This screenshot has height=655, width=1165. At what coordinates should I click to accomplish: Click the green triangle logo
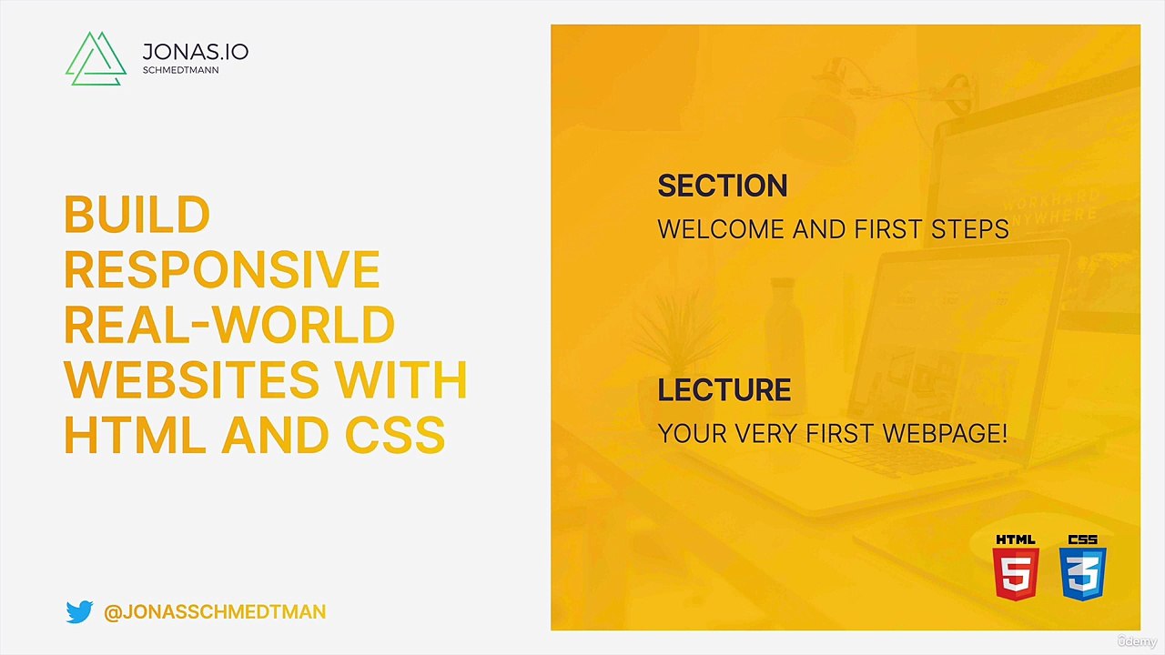96,59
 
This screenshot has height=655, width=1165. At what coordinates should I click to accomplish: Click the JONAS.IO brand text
195,52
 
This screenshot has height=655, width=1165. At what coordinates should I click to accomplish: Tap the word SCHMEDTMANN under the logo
180,70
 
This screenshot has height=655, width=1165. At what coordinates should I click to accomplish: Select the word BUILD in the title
137,214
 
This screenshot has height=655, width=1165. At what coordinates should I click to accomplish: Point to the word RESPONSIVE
222,269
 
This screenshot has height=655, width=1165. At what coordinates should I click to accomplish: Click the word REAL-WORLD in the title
229,325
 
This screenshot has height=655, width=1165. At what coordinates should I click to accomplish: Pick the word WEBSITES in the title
191,379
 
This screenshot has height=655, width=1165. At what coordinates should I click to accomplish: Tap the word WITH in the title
400,379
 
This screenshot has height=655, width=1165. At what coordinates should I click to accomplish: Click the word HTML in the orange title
135,435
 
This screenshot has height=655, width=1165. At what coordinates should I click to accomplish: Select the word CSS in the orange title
395,435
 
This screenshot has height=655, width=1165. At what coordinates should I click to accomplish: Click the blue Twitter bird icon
79,611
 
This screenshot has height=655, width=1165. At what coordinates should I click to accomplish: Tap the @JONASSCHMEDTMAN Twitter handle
215,612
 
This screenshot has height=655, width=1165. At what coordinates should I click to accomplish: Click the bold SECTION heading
723,186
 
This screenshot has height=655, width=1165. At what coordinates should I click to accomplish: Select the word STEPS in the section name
970,229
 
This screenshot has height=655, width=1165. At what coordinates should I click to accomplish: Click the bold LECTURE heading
724,390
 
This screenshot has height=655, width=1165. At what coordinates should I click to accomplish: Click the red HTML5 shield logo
1016,567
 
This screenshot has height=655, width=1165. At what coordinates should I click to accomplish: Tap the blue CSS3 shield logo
1083,567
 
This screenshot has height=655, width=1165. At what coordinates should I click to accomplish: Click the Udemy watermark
1137,641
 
